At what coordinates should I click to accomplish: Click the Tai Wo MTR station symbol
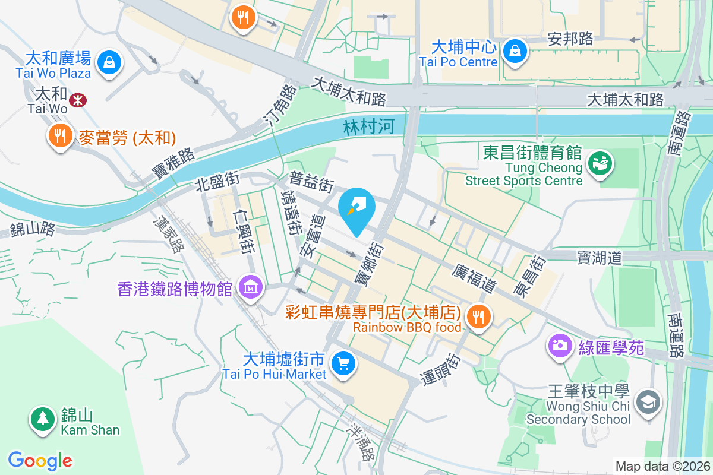pyautogui.click(x=77, y=100)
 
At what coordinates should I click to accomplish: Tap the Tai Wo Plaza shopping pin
pyautogui.click(x=109, y=61)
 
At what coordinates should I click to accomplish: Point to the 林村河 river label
pyautogui.click(x=369, y=127)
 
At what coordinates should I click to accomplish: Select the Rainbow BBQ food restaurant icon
pyautogui.click(x=478, y=315)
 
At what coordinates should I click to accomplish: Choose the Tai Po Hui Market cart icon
pyautogui.click(x=343, y=363)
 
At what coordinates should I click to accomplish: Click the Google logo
pyautogui.click(x=40, y=461)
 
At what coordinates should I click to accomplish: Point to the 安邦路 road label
pyautogui.click(x=570, y=39)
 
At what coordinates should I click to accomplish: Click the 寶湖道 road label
pyautogui.click(x=599, y=258)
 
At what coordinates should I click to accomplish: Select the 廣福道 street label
pyautogui.click(x=473, y=278)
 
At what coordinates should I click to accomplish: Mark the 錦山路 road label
pyautogui.click(x=33, y=230)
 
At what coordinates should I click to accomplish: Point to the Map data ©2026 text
pyautogui.click(x=662, y=467)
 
